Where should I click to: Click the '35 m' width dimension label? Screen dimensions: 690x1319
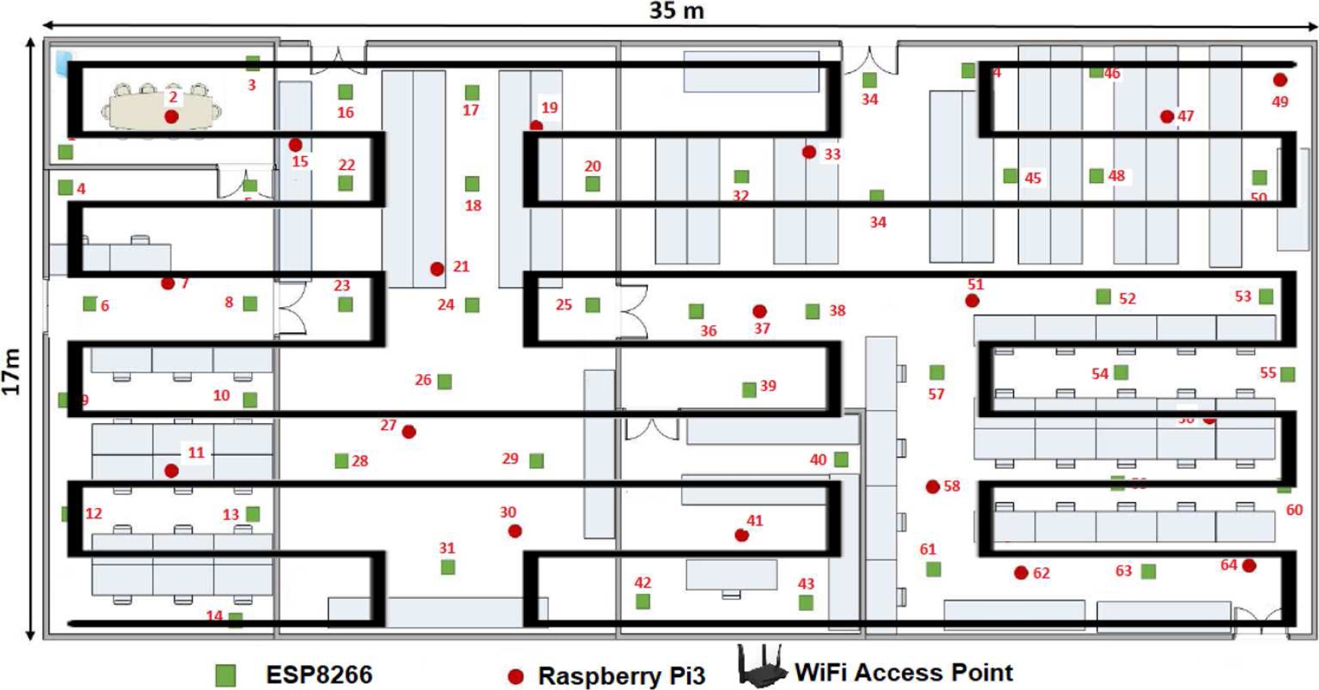[x=676, y=11]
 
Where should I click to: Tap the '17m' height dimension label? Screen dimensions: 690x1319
[x=12, y=372]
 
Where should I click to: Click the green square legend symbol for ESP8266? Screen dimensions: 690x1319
[x=225, y=675]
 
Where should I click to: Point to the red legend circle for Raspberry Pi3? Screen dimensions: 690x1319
[x=516, y=676]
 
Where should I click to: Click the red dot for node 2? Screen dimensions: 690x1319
[x=171, y=117]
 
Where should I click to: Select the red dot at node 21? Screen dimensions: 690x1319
[x=437, y=269]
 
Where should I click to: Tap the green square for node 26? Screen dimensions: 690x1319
[x=445, y=381]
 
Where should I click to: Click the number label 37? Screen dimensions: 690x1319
[x=762, y=328]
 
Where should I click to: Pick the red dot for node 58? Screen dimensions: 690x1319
[x=933, y=487]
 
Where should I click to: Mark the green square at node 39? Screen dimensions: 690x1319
[x=749, y=390]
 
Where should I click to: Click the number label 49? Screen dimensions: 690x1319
[x=1280, y=102]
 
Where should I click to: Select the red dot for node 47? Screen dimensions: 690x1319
[x=1167, y=117]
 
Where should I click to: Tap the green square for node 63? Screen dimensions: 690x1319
[x=1148, y=571]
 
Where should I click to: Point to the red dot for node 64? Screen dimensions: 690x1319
[x=1248, y=566]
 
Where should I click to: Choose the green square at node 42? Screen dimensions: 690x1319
[x=642, y=601]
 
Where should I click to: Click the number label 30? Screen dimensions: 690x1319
[x=507, y=513]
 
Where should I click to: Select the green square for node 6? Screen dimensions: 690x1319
[x=90, y=304]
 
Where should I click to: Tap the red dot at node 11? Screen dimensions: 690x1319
[x=171, y=471]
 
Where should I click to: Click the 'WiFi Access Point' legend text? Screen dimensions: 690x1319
[x=903, y=673]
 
